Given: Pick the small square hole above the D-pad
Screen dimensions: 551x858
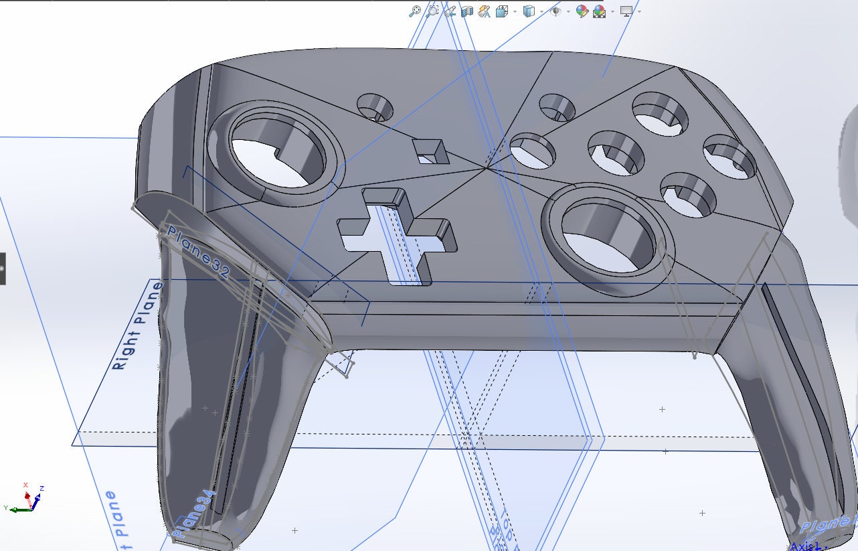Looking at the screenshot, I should click(430, 151).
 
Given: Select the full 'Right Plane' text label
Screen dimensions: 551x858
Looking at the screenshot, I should click(137, 327).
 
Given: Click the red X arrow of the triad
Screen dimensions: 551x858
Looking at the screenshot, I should click(27, 487).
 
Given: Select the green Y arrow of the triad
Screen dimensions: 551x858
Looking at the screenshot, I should click(10, 509).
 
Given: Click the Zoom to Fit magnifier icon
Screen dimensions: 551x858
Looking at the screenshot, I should click(416, 11).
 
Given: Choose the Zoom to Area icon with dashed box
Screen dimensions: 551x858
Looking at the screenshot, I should click(432, 11).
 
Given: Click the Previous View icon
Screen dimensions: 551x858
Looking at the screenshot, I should click(450, 11).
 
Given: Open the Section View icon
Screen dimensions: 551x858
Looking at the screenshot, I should click(467, 11).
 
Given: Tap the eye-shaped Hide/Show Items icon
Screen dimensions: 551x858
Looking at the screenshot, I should click(555, 11).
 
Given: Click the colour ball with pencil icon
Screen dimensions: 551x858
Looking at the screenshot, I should click(582, 11).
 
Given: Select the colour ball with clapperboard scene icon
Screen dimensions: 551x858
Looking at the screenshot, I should click(600, 11).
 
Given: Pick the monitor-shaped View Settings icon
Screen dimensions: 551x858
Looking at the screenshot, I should click(626, 11).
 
